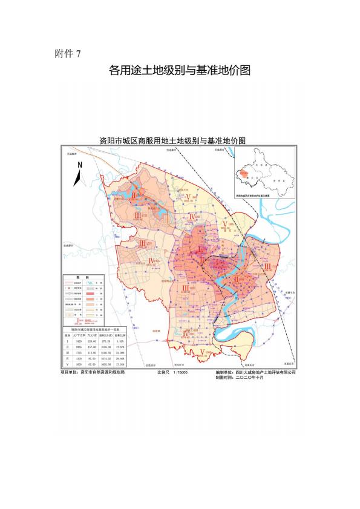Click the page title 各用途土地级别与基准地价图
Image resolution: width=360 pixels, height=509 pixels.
(180, 70)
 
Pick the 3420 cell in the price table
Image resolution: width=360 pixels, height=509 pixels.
(79, 341)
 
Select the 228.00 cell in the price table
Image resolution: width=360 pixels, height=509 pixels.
(93, 341)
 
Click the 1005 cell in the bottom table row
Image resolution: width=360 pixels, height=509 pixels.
(79, 365)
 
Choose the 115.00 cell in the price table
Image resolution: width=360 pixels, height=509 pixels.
(93, 353)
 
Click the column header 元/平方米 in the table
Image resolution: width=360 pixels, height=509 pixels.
(79, 335)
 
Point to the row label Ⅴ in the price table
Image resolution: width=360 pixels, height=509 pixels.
(68, 365)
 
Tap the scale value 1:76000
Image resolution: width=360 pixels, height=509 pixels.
(179, 373)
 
